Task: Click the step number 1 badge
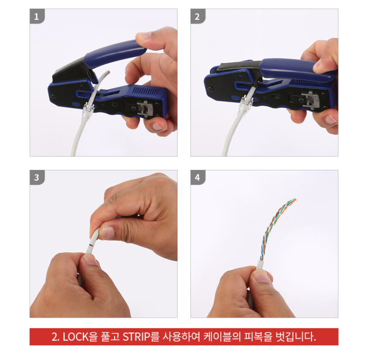coord(37,17)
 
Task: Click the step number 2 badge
coord(198,17)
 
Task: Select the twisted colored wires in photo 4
coord(276,226)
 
